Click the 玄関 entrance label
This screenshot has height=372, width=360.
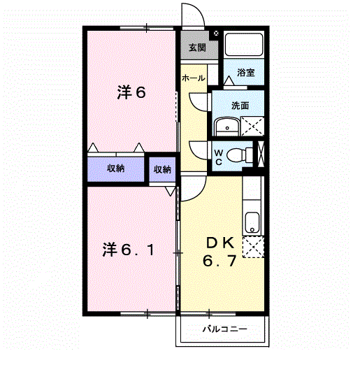pos(197,48)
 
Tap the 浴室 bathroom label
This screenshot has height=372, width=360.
pos(245,73)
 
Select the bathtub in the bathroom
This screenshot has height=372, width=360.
pos(244,44)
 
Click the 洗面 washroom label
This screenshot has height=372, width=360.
pos(240,106)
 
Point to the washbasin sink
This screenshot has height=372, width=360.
pos(227,127)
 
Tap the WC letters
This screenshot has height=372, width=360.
pos(218,157)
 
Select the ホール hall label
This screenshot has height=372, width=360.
pos(193,78)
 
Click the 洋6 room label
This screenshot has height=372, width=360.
pos(131,92)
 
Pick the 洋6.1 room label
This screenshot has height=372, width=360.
pos(129,250)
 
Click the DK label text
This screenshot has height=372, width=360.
pos(220,243)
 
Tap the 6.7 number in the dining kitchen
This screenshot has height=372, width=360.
pos(219,261)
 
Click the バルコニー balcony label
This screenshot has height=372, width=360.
pos(225,329)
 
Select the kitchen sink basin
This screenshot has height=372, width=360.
pos(252,222)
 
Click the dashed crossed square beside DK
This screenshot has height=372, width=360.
pos(253,247)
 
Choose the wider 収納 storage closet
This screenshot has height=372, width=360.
pos(116,169)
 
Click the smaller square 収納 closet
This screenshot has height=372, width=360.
pos(162,169)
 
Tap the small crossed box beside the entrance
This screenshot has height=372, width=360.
pos(216,34)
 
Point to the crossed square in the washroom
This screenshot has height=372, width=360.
pos(252,126)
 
